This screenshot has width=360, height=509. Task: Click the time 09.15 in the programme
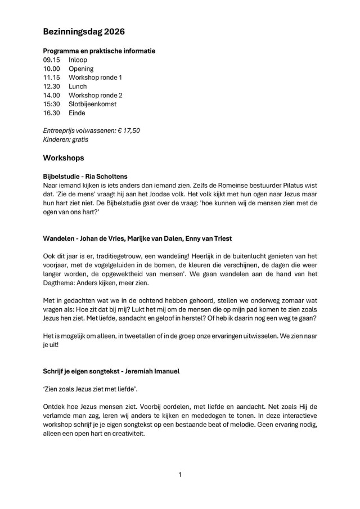(51, 60)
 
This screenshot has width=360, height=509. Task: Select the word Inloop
(78, 60)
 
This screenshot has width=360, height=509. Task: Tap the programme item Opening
(81, 69)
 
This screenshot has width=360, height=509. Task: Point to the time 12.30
(51, 87)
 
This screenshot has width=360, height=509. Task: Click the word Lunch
(78, 87)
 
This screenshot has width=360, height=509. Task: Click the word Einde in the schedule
(77, 113)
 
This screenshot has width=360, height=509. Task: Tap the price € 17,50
(129, 130)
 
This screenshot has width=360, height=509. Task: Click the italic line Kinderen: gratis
(66, 139)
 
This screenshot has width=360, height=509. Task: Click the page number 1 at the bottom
(180, 475)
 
